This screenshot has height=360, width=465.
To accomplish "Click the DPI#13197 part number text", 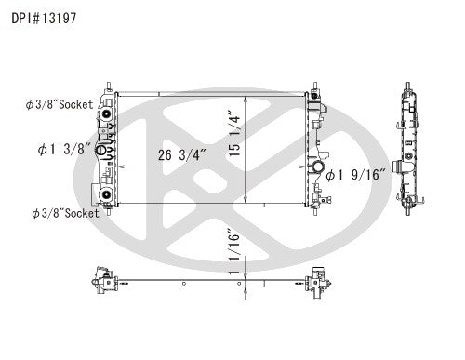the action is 44,19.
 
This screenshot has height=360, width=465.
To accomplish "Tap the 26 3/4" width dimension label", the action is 182,155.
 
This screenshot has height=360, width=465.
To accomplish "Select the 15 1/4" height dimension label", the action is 234,133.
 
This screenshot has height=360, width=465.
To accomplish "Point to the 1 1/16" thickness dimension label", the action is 234,252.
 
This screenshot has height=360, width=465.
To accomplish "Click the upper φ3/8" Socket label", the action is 60,105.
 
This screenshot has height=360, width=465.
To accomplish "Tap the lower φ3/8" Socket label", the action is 65,213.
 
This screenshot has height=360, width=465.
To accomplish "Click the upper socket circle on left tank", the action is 106,113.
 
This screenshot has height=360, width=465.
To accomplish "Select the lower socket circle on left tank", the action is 106,194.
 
